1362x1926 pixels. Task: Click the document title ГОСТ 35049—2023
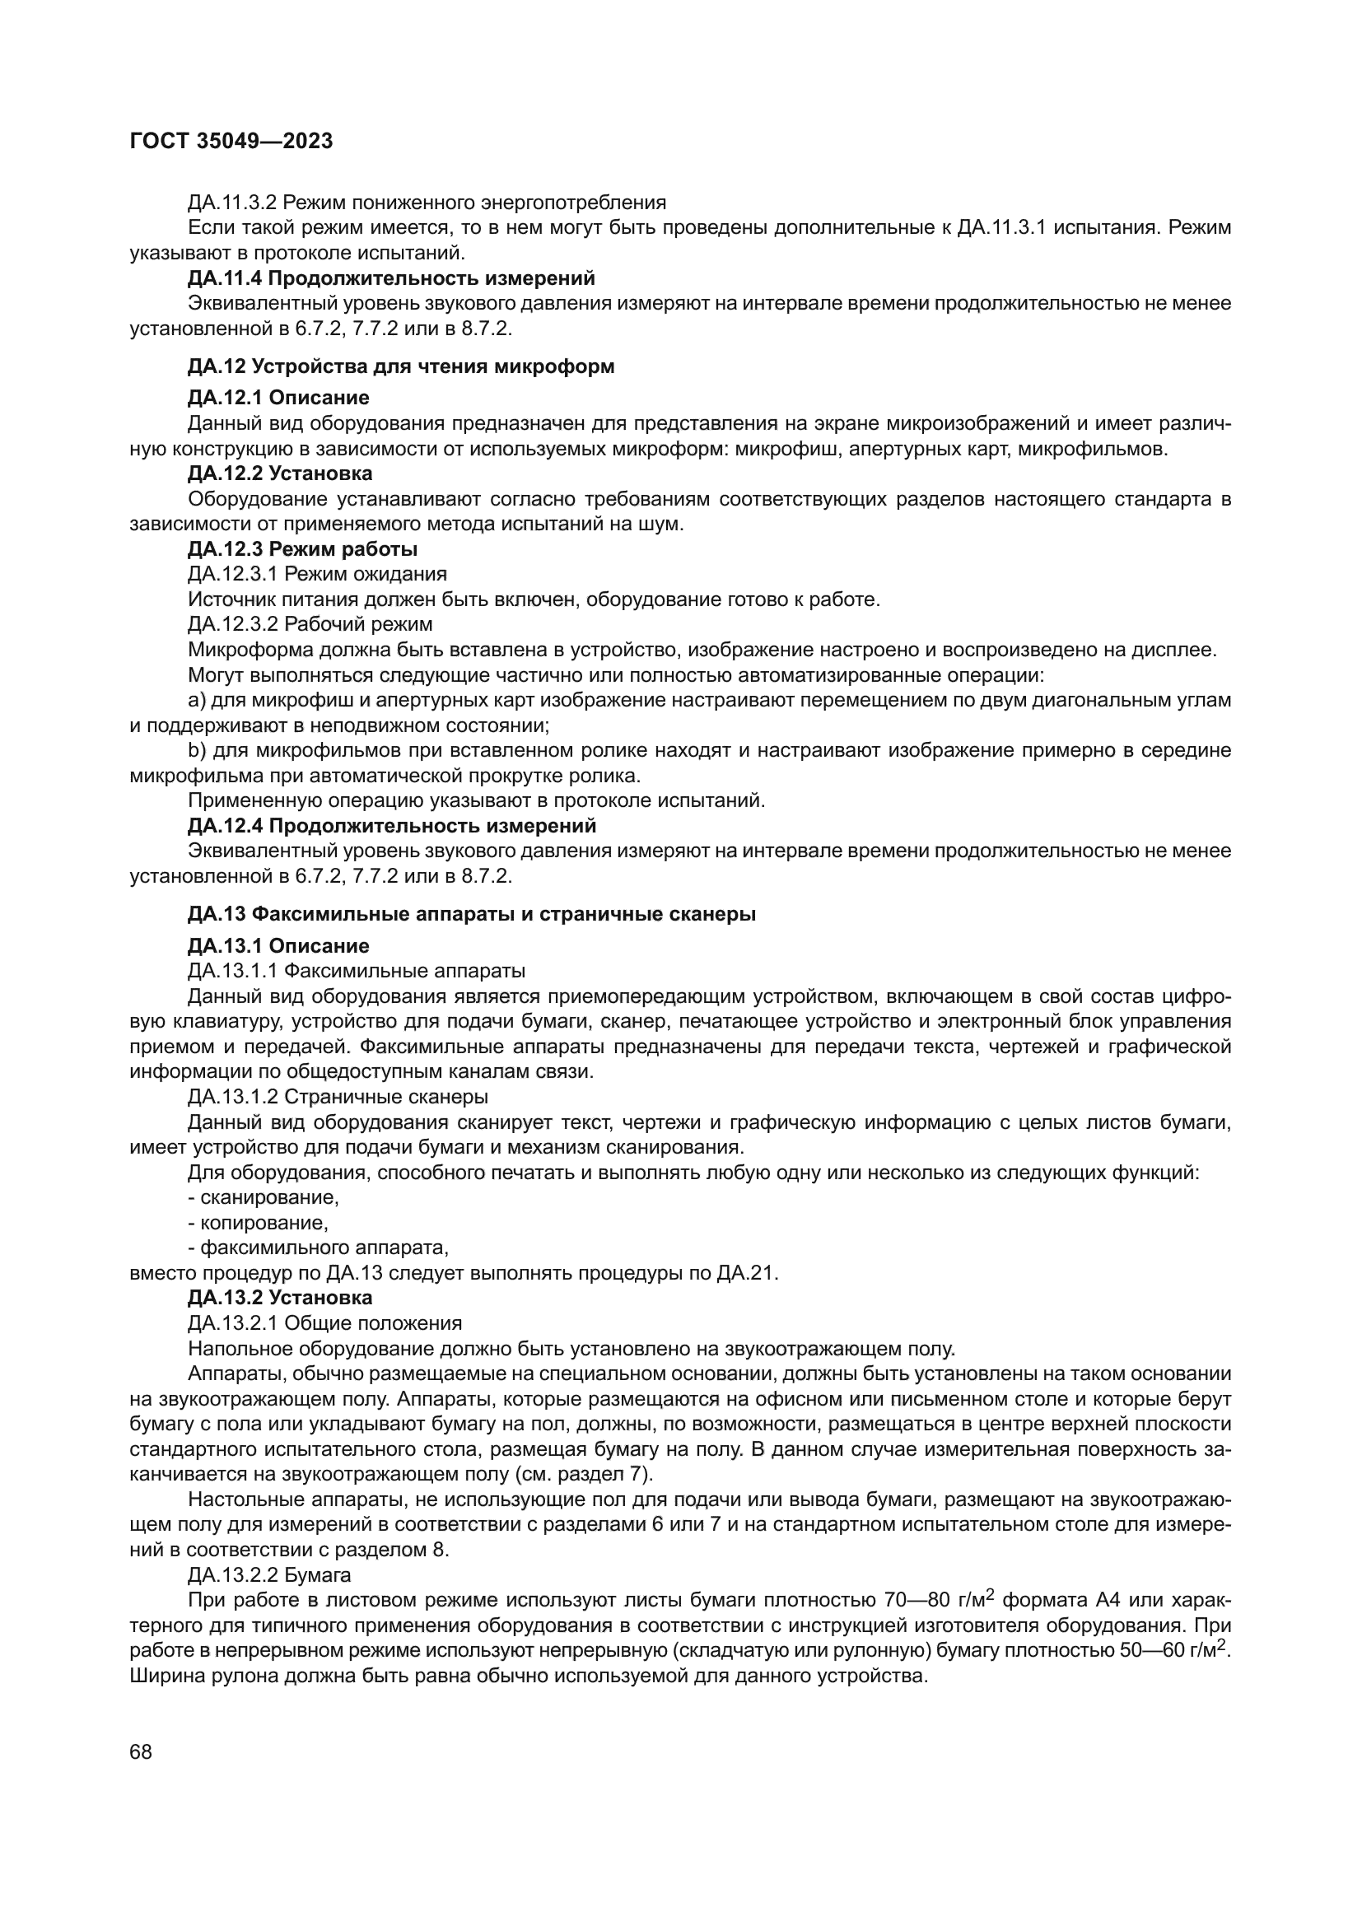[231, 141]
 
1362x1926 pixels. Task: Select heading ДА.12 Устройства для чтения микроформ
[401, 366]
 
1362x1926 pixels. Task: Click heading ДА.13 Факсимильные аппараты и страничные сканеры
[471, 914]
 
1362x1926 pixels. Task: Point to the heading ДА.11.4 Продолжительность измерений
[391, 277]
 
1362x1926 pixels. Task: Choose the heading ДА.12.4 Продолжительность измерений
[392, 825]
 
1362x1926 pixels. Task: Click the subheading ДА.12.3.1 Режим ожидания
[317, 574]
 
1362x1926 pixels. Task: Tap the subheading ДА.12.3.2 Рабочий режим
[310, 624]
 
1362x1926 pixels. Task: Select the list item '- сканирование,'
[264, 1197]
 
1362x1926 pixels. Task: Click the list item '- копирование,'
[259, 1222]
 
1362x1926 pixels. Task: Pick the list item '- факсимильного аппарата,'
[319, 1247]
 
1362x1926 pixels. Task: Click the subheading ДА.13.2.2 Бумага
[269, 1574]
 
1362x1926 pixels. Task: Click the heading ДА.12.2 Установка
[280, 473]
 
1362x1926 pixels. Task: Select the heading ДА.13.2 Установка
[280, 1298]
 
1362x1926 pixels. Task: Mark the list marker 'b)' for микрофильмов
[197, 750]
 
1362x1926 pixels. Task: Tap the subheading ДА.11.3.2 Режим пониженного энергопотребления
[427, 203]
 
